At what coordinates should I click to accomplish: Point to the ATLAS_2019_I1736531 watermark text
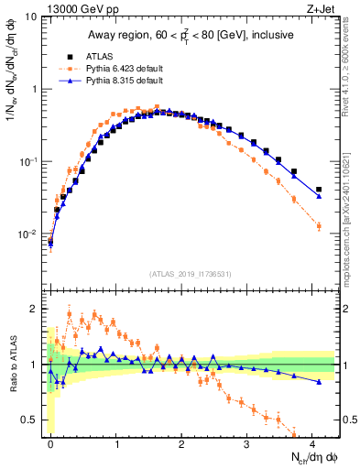pyautogui.click(x=191, y=274)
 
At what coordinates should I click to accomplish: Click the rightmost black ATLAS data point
pyautogui.click(x=318, y=190)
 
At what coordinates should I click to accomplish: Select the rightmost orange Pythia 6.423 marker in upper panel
pyautogui.click(x=318, y=225)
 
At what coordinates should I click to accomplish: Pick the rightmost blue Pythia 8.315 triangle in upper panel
pyautogui.click(x=318, y=196)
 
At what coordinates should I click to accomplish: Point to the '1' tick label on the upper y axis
pyautogui.click(x=34, y=90)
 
